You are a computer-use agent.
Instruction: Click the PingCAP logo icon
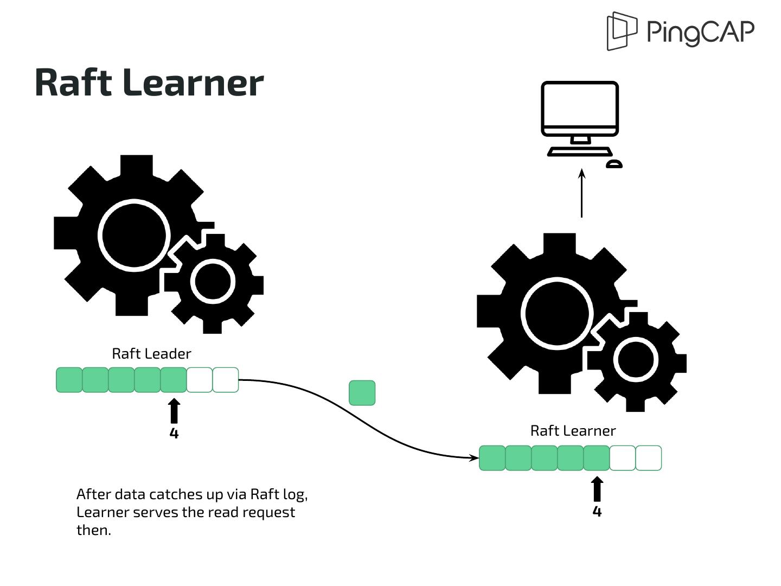point(622,31)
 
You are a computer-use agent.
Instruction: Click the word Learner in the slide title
point(194,83)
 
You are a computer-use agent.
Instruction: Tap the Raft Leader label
point(151,354)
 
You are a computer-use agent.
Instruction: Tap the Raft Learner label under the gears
point(573,431)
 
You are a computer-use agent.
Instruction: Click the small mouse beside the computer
point(614,164)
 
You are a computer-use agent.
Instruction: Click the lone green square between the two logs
point(362,393)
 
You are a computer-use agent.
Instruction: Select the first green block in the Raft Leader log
point(69,380)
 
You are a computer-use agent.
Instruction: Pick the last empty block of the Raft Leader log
point(226,380)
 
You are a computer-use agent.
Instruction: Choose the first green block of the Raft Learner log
point(492,458)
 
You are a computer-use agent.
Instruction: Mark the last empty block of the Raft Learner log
point(649,458)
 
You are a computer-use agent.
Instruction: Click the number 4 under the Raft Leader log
point(174,433)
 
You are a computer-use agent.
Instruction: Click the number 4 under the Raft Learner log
point(597,511)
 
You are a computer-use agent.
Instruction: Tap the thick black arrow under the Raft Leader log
point(174,411)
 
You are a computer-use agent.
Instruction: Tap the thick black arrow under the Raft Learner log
point(597,489)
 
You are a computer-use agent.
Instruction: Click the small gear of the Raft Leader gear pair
point(213,282)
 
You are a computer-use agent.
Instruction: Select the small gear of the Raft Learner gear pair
point(636,360)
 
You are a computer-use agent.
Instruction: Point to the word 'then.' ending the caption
point(93,530)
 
